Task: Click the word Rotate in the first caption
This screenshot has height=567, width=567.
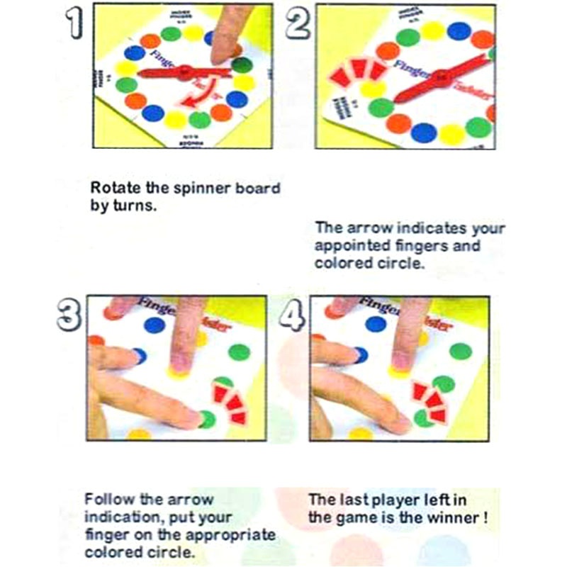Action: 114,189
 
